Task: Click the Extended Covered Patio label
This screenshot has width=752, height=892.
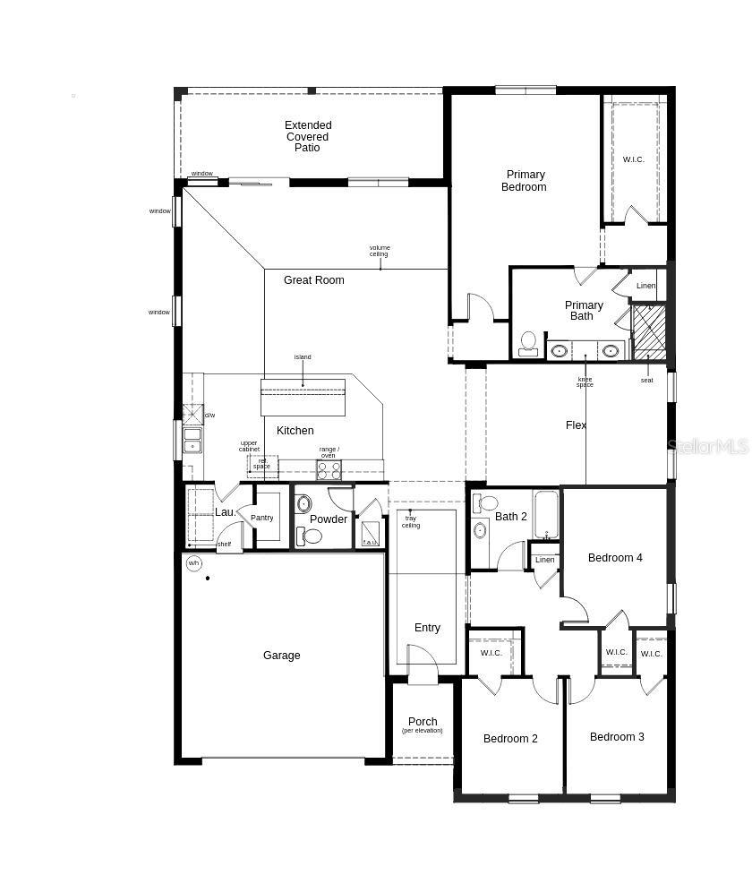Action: click(x=308, y=137)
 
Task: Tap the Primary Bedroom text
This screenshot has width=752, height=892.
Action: click(x=524, y=181)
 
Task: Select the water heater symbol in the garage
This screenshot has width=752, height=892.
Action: click(x=194, y=563)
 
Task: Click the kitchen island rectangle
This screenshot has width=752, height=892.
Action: click(x=303, y=397)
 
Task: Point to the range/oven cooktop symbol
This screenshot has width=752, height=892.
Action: click(x=329, y=469)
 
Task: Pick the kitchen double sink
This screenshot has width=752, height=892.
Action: click(x=192, y=440)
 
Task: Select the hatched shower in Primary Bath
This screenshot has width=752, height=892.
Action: click(x=649, y=332)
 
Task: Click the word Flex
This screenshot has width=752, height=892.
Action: click(x=577, y=425)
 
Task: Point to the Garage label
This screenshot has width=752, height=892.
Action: click(x=281, y=656)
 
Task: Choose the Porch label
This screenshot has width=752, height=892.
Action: click(x=423, y=722)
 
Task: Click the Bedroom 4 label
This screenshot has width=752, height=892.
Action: click(x=615, y=558)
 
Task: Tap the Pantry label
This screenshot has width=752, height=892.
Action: click(x=262, y=519)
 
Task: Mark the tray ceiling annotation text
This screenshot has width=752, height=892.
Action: click(x=411, y=521)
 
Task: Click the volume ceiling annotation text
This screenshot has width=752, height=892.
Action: click(x=380, y=251)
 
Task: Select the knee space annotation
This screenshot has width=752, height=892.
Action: click(x=585, y=382)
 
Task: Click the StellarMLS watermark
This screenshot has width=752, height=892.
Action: click(x=708, y=445)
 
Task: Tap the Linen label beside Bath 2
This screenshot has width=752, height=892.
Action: click(x=545, y=560)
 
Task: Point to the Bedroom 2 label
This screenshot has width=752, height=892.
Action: click(x=510, y=739)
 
